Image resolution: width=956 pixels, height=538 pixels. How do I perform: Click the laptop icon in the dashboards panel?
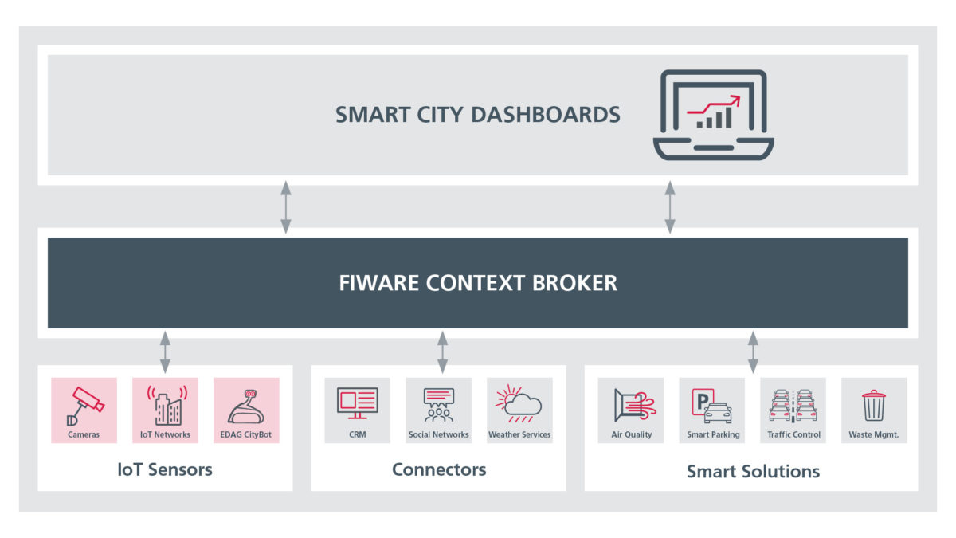[713, 115]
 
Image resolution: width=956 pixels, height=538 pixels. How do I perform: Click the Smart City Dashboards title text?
[477, 114]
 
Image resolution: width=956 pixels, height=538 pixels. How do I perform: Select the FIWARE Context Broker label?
[477, 282]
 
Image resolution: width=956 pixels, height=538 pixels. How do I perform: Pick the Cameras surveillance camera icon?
[84, 404]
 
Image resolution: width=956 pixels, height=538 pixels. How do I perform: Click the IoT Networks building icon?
[166, 404]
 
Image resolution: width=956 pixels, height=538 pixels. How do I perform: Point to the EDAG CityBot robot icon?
[246, 404]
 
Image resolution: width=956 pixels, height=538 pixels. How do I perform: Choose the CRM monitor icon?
[357, 403]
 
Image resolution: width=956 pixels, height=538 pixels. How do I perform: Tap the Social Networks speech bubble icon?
[439, 404]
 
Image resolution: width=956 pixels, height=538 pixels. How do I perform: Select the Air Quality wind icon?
[632, 405]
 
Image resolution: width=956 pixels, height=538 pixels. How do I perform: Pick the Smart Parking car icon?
[712, 405]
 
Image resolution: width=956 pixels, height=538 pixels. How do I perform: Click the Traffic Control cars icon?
[793, 405]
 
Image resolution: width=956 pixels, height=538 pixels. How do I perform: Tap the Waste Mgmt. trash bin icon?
[874, 405]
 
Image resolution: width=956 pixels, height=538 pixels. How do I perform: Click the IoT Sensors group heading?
[164, 469]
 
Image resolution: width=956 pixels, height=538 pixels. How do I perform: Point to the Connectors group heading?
[438, 469]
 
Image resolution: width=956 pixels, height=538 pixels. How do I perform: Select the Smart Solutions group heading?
[752, 471]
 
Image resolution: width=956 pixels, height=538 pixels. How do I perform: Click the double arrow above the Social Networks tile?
[442, 351]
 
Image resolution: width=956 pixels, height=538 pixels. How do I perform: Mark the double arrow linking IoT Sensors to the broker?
[165, 351]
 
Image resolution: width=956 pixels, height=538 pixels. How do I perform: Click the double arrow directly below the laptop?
[670, 206]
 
